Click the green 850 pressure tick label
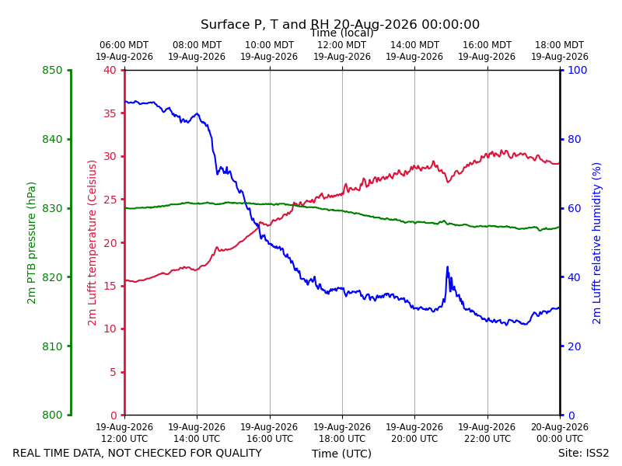[52, 70]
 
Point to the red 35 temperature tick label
[110, 113]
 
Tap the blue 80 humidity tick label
[575, 139]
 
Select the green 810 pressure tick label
[52, 346]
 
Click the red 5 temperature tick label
[114, 372]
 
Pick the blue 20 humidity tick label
[575, 346]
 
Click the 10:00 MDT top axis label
[269, 50]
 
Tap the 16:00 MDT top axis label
[487, 50]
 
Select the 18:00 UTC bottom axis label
[342, 433]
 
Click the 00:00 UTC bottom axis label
[560, 433]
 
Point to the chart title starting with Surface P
[340, 24]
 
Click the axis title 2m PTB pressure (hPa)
[31, 243]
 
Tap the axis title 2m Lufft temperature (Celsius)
[92, 243]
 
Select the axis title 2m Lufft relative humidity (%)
[596, 243]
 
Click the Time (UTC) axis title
[341, 454]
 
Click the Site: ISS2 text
[583, 453]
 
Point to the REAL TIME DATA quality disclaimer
[138, 453]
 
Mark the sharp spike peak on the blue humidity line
[448, 267]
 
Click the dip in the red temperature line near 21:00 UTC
[448, 182]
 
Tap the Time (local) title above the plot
[341, 33]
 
